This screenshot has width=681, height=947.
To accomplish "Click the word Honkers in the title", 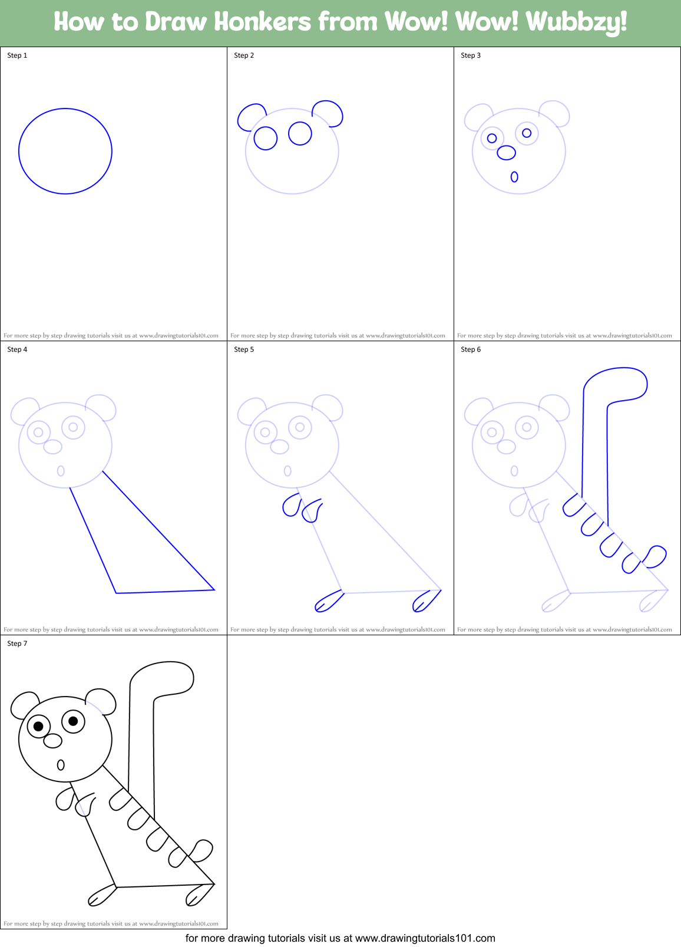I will [x=262, y=22].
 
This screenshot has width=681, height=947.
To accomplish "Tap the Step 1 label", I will [x=17, y=55].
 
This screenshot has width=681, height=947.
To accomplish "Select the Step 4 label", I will [x=17, y=349].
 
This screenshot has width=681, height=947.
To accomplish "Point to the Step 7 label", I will [x=17, y=644].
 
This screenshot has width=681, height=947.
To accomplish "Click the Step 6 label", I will [x=471, y=349].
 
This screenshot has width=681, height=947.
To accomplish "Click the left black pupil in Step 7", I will [x=38, y=726].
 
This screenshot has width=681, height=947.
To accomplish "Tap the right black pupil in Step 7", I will [x=73, y=721].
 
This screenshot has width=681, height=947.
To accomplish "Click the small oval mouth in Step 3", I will [x=514, y=176].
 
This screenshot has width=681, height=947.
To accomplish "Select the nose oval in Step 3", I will [x=506, y=153].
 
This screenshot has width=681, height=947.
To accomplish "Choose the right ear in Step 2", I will [x=328, y=111].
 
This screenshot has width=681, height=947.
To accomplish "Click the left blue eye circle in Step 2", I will [x=265, y=138].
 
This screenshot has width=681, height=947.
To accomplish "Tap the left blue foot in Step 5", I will [x=329, y=601].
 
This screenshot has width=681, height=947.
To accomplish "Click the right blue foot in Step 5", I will [x=427, y=601].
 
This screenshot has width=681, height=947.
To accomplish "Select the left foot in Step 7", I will [x=101, y=896].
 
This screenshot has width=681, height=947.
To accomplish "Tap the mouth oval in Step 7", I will [x=60, y=765].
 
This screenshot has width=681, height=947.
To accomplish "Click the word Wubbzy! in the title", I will [x=576, y=22].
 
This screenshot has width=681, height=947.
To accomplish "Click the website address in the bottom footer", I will [x=425, y=938].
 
